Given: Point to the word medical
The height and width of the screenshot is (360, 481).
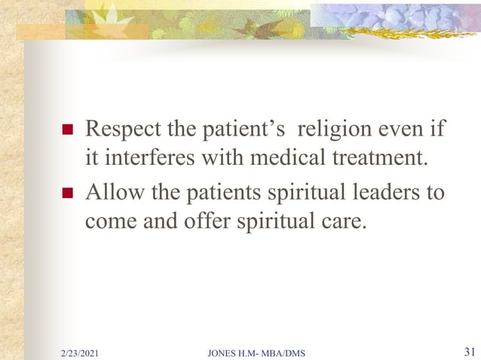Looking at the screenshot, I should point(286,158).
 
